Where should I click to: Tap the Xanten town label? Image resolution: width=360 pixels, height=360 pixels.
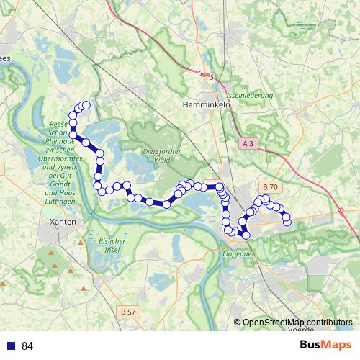(64, 222)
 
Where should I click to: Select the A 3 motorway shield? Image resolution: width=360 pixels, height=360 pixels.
(248, 144)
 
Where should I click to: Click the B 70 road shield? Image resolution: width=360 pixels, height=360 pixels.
(270, 185)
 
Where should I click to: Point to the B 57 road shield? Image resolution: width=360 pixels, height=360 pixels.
(128, 312)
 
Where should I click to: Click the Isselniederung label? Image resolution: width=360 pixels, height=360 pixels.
(249, 95)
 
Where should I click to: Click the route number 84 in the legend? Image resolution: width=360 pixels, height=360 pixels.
(27, 346)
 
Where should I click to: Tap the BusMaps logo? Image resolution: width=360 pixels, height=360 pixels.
(325, 346)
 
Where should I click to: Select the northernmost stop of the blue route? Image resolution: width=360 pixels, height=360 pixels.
(86, 105)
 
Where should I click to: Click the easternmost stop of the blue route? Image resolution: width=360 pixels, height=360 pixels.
(287, 221)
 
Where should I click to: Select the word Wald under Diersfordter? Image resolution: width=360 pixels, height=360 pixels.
(165, 161)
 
